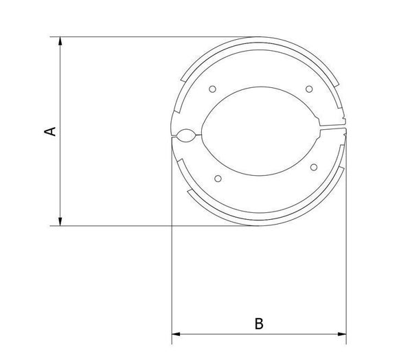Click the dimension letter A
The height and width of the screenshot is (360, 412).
point(50,131)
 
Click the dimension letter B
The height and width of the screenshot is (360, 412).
point(259,324)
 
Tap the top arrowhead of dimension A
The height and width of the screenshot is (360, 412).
point(60,41)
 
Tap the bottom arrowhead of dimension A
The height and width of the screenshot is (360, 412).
point(60,221)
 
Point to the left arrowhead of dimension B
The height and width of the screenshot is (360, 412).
point(176,334)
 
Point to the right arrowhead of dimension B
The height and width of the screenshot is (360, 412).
point(342,334)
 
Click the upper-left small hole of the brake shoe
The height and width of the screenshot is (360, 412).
point(213,89)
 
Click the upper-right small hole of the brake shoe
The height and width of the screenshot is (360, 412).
point(309,89)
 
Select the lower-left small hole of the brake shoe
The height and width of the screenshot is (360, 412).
point(218,179)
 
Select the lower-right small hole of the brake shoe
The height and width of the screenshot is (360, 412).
point(314,167)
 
